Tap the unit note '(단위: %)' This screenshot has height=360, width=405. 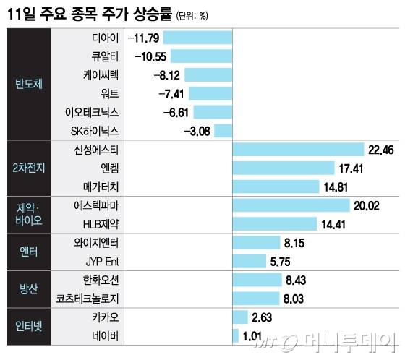[192, 14]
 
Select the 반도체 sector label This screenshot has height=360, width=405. [29, 83]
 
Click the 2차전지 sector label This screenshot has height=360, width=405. [29, 168]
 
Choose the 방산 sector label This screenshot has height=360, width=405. [29, 288]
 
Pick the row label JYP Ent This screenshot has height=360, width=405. [101, 261]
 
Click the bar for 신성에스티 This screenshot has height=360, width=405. [298, 149]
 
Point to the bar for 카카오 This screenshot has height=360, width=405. [240, 317]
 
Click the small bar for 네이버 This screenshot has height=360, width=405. [236, 335]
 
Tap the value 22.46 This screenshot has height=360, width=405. [381, 150]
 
